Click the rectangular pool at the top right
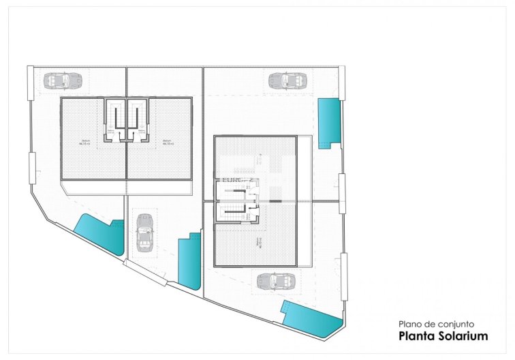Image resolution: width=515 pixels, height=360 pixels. (329, 121)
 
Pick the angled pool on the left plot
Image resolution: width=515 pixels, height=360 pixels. (98, 233)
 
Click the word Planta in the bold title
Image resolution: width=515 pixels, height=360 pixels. (415, 336)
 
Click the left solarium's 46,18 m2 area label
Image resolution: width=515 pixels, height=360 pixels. (84, 142)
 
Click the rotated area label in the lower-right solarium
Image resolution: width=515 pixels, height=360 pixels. (258, 242)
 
